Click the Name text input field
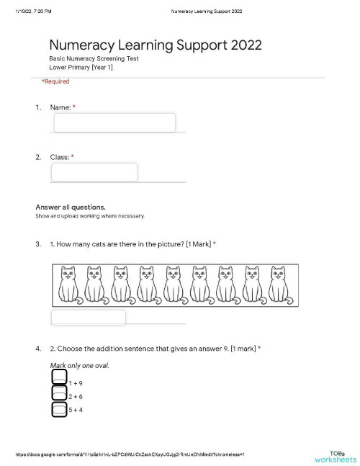[114, 122]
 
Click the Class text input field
[94, 172]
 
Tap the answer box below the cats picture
[89, 317]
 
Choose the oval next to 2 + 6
[60, 393]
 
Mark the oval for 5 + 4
[60, 409]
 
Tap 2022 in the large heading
[246, 46]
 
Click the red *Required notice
[55, 81]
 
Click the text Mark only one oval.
[80, 365]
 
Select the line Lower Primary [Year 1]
[81, 67]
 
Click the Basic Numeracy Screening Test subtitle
[94, 58]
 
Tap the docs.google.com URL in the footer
[130, 454]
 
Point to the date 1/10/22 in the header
[24, 11]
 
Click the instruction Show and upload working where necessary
[90, 216]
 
